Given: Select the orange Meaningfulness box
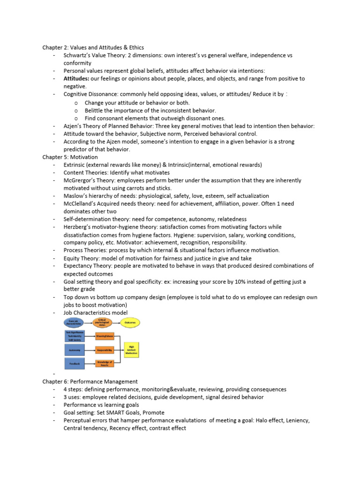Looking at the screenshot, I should (x=105, y=336).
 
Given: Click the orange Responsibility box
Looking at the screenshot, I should (x=105, y=350).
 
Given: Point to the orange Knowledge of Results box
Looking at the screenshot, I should (x=105, y=363).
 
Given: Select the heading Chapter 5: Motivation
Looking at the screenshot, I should (x=70, y=157).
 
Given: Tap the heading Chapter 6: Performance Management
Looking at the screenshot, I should (x=90, y=382).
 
